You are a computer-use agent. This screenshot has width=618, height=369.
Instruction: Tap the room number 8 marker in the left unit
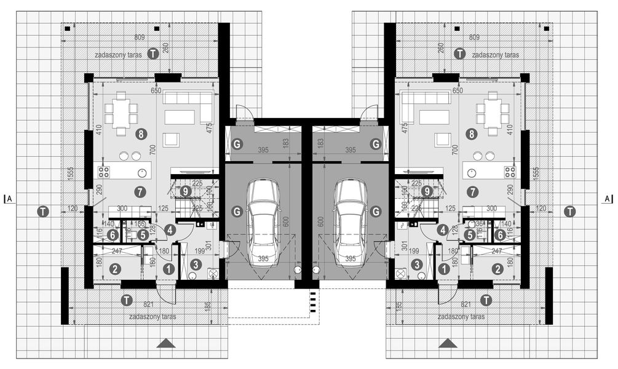(x=141, y=133)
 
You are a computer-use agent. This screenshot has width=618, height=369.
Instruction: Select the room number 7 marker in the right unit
(x=472, y=191)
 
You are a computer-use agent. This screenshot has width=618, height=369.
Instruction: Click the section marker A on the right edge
(x=607, y=199)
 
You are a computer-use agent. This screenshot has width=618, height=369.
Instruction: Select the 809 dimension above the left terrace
(x=140, y=38)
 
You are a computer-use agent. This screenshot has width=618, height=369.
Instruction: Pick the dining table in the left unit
(x=121, y=114)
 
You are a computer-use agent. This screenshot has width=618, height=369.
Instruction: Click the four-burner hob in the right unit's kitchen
(x=510, y=172)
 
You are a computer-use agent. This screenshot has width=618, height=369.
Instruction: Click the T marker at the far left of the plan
(x=42, y=211)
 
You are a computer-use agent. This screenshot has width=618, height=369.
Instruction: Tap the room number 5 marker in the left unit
(x=141, y=234)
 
